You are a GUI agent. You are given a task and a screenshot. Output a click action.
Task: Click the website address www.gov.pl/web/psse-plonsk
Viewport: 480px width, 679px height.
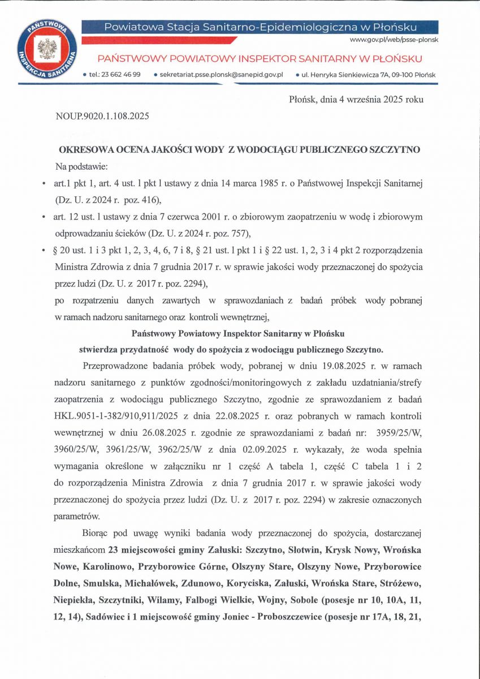tap(394, 40)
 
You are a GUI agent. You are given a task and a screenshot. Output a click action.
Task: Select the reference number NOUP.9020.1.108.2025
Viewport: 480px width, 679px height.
tap(102, 117)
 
